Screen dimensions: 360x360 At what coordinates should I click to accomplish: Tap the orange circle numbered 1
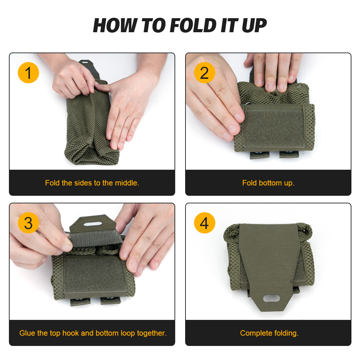tap(28, 73)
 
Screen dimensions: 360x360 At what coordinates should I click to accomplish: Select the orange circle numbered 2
tap(204, 73)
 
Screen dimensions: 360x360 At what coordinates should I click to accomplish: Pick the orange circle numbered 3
tap(28, 223)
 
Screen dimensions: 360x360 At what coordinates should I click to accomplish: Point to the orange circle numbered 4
tap(204, 223)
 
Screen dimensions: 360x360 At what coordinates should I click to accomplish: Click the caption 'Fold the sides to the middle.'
tap(92, 183)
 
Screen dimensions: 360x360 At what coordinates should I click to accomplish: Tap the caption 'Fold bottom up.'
tap(268, 183)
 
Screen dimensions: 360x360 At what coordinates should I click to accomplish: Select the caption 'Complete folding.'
tap(269, 333)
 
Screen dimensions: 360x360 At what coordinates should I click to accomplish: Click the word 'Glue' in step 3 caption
tap(27, 333)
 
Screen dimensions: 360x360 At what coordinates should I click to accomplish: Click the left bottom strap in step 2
tap(259, 155)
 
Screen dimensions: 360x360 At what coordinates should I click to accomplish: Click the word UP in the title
tap(254, 25)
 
